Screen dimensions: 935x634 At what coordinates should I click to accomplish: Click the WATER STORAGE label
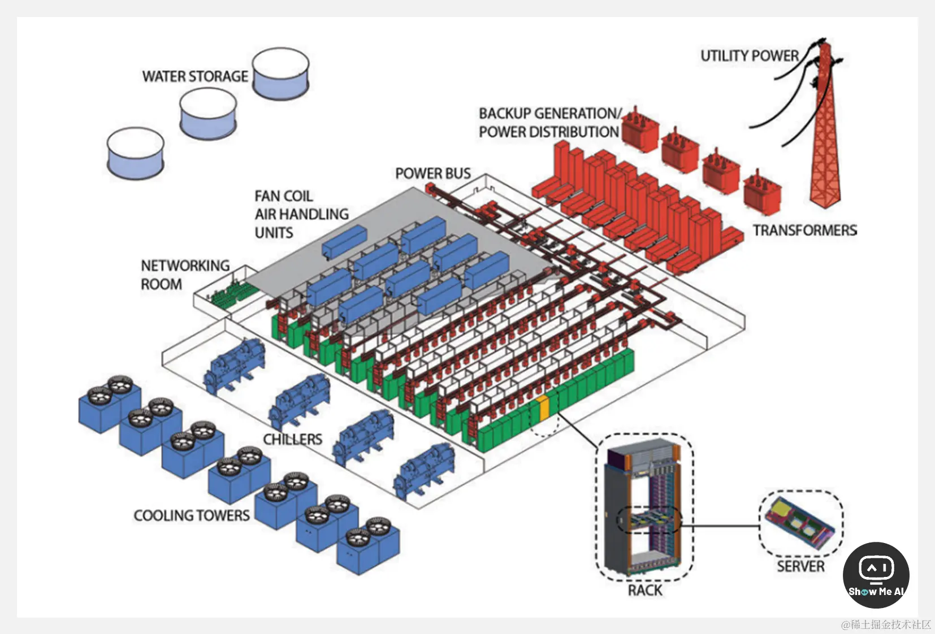pyautogui.click(x=195, y=76)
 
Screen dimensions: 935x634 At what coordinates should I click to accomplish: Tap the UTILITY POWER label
pyautogui.click(x=749, y=56)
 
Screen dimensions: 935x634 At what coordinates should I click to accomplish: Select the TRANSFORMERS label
pyautogui.click(x=805, y=230)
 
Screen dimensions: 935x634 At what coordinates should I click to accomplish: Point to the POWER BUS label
pyautogui.click(x=433, y=173)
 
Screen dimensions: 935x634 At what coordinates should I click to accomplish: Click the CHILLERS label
pyautogui.click(x=293, y=439)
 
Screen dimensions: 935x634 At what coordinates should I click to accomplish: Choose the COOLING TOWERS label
pyautogui.click(x=192, y=515)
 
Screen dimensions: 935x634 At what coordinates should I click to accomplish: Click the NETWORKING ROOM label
pyautogui.click(x=185, y=275)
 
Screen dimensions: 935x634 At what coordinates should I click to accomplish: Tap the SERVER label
pyautogui.click(x=800, y=566)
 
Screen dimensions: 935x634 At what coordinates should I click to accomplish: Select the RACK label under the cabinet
pyautogui.click(x=645, y=590)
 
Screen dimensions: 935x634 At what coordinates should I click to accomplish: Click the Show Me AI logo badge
pyautogui.click(x=876, y=575)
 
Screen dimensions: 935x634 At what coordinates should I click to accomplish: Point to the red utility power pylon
pyautogui.click(x=825, y=125)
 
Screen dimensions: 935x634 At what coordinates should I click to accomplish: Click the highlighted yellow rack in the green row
pyautogui.click(x=543, y=410)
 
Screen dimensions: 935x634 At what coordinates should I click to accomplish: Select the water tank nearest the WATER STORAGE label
pyautogui.click(x=280, y=74)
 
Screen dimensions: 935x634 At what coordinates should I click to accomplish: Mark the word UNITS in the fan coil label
pyautogui.click(x=274, y=233)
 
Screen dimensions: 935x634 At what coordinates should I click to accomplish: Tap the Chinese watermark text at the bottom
pyautogui.click(x=886, y=624)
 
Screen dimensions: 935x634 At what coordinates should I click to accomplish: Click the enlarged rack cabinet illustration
pyautogui.click(x=643, y=507)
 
